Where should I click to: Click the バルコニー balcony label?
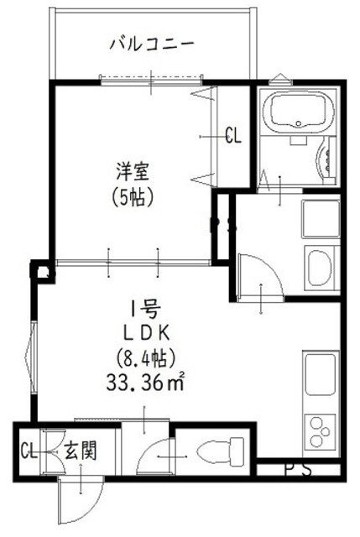coord(153,43)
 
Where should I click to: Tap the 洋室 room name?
coord(133,173)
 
